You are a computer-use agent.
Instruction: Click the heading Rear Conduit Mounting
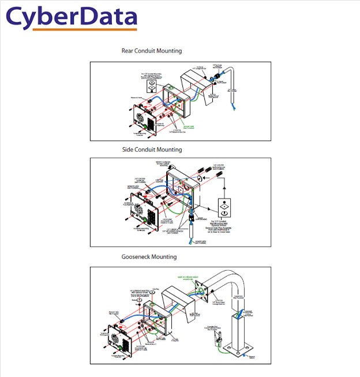[152, 51]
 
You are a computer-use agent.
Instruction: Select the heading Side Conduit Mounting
[152, 150]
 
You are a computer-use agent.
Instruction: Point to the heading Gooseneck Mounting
[149, 257]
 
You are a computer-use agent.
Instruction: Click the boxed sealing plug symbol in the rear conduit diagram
[151, 87]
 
